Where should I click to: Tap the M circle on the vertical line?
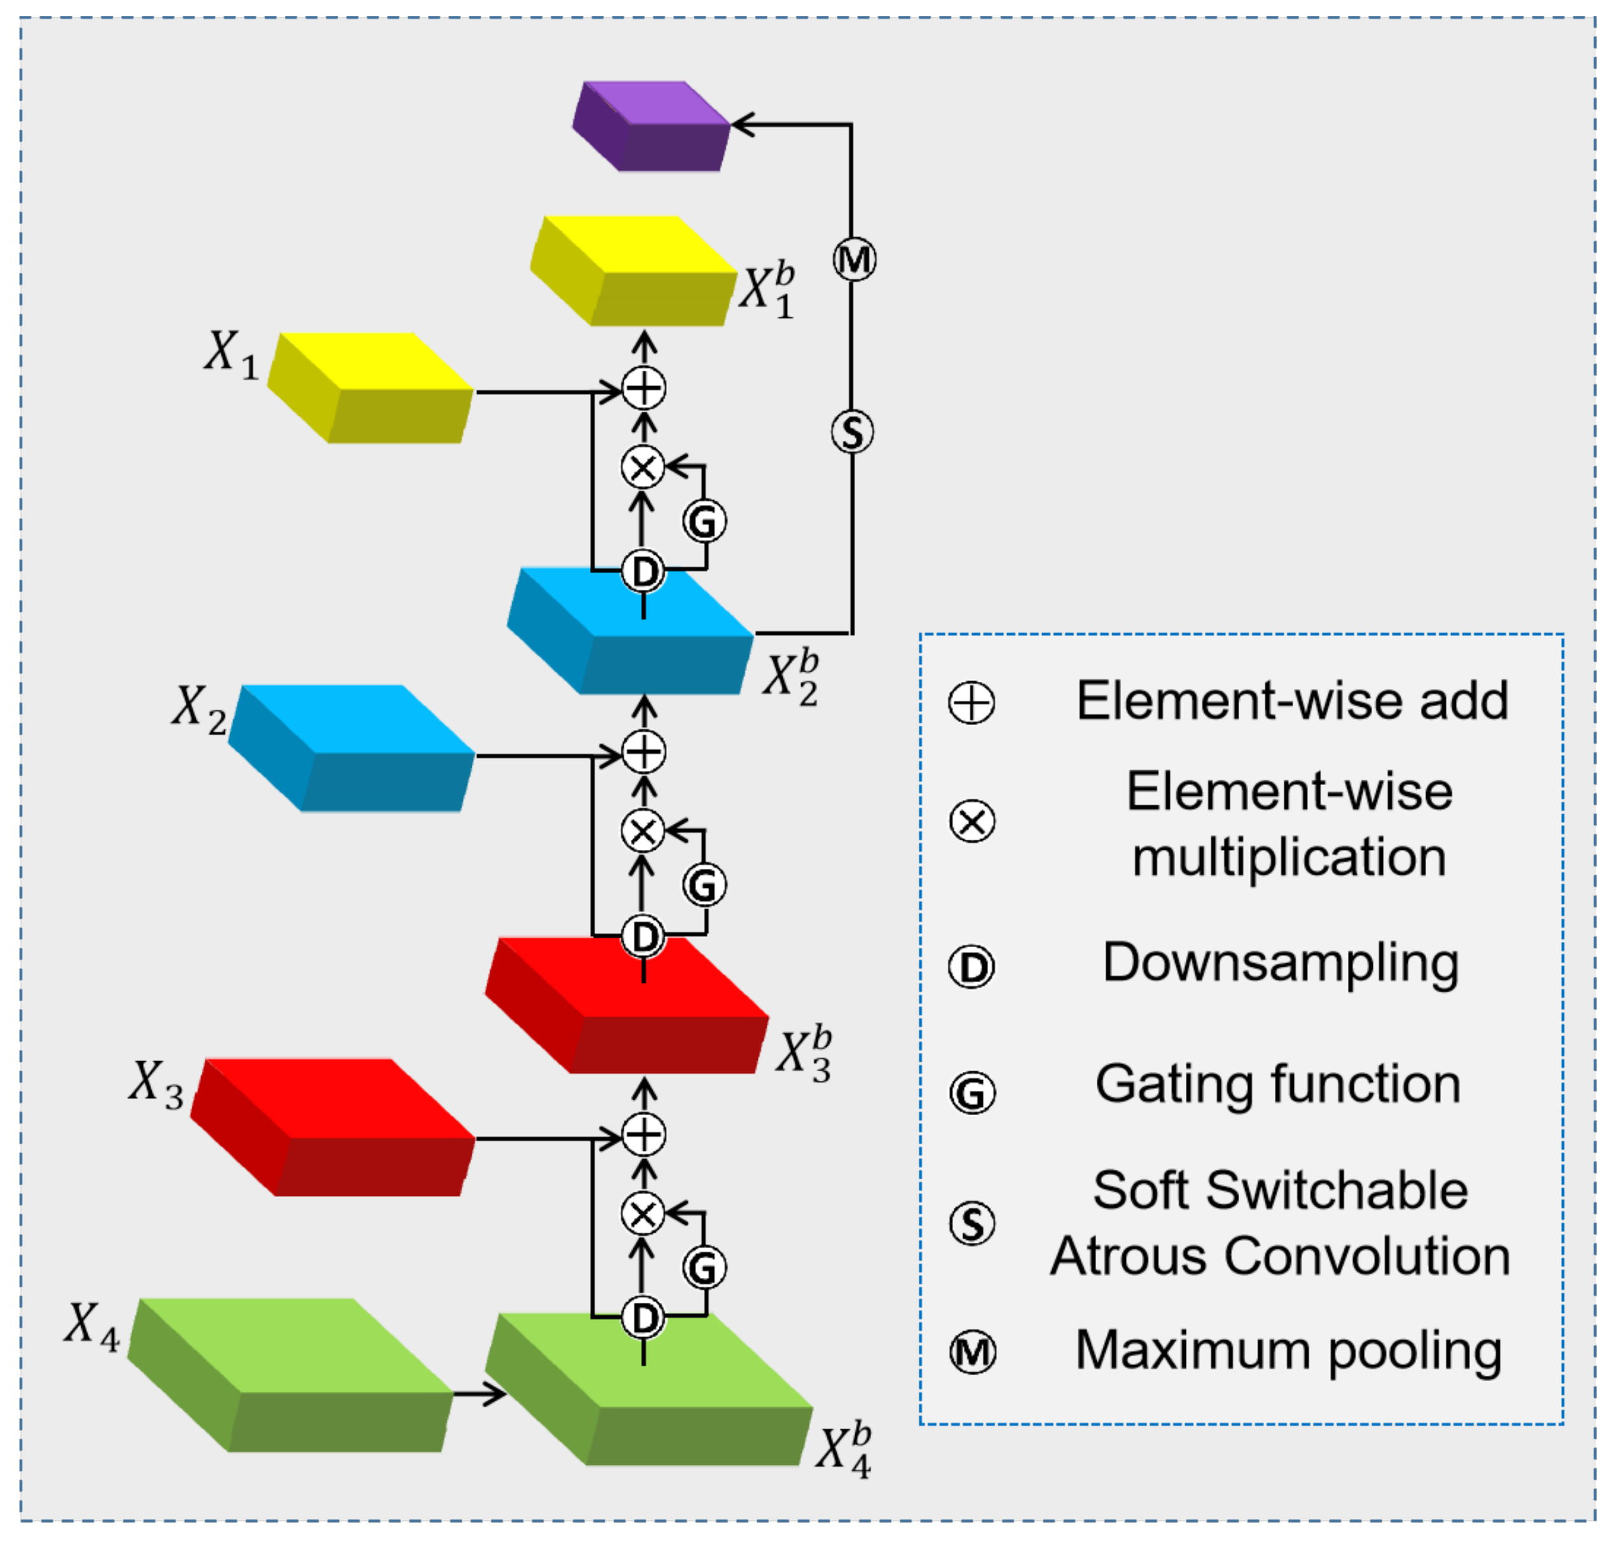click(854, 260)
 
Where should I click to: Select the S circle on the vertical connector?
click(852, 432)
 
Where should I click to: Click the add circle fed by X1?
click(643, 388)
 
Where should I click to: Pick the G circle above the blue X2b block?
click(704, 521)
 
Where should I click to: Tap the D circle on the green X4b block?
click(643, 1317)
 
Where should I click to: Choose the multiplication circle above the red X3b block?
click(643, 830)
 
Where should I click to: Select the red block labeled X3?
click(334, 1126)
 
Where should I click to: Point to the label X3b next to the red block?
click(804, 1053)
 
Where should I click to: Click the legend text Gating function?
click(1277, 1084)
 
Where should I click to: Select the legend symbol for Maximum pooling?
click(972, 1352)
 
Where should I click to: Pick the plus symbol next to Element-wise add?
click(972, 703)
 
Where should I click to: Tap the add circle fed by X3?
click(643, 1135)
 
